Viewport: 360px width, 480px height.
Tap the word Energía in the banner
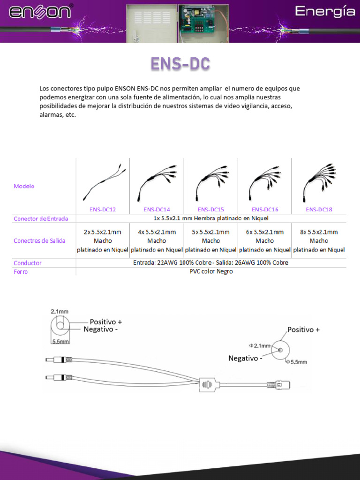324,12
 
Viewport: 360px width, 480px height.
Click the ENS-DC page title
180,64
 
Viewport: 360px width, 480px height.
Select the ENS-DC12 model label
103,210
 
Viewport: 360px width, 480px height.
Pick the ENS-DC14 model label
157,210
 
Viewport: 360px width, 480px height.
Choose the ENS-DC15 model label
210,210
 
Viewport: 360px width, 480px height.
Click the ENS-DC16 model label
265,210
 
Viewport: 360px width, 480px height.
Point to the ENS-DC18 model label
319,210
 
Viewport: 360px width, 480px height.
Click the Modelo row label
24,186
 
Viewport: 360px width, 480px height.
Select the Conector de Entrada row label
41,218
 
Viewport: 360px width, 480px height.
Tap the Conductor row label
28,263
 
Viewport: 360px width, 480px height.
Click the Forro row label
21,272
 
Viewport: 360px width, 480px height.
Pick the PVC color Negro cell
211,271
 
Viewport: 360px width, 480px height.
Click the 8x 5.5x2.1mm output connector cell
319,240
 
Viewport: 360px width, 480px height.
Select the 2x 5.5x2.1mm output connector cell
103,240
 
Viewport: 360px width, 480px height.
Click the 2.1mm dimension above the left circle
60,311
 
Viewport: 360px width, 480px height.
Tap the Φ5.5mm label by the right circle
298,361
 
